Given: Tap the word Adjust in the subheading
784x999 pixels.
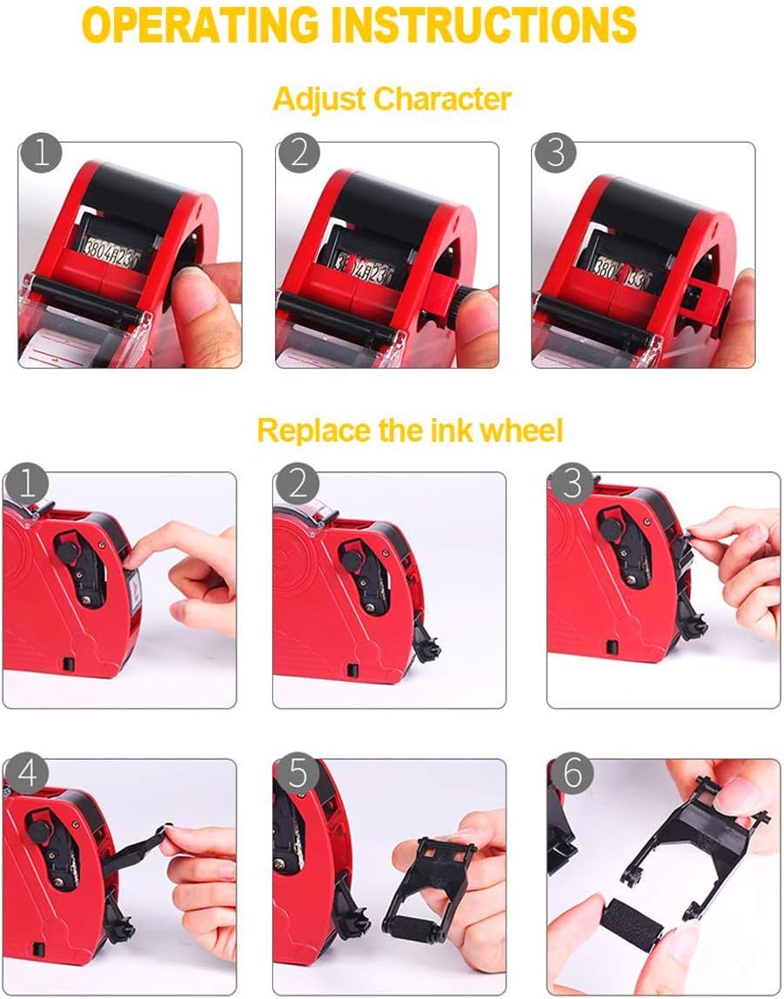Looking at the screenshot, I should pos(319,98).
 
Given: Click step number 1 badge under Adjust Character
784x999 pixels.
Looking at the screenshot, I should pos(41,155).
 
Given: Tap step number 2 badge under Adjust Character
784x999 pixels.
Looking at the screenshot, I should pos(298,155).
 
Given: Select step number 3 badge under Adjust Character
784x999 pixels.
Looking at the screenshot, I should pos(555,155).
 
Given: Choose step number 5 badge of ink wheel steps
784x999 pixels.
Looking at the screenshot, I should pos(298,774).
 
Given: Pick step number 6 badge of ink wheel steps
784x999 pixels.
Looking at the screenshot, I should pos(571,774).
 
